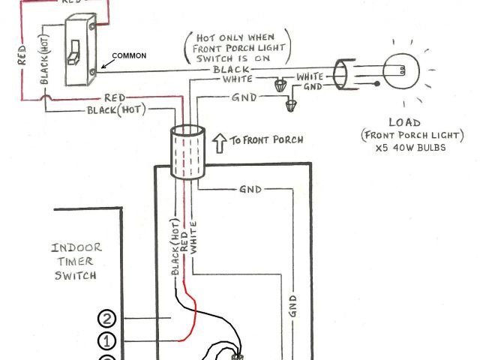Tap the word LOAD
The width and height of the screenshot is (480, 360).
[x=404, y=121]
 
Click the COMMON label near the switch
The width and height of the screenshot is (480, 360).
[x=129, y=56]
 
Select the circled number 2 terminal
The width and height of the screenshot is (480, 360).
[x=108, y=319]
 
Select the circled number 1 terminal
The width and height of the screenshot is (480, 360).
[x=108, y=341]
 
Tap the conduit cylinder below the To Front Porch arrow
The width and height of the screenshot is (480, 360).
[x=187, y=152]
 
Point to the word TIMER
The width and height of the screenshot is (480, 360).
[x=75, y=261]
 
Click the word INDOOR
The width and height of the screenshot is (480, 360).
[x=76, y=247]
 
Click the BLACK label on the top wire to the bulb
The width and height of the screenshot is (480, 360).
[x=226, y=68]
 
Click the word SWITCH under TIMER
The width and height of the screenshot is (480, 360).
[x=75, y=275]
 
